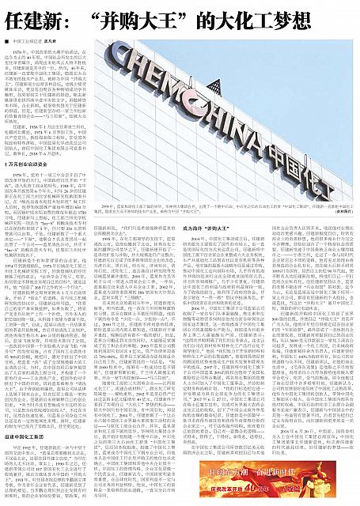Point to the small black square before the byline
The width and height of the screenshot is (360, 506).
(x=7, y=39)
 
